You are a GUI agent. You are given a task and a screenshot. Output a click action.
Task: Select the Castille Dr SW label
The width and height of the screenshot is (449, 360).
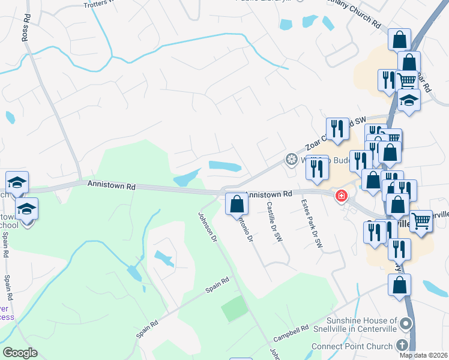coord(273,221)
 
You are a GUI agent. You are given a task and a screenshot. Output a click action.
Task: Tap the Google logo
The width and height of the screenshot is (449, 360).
coord(20,353)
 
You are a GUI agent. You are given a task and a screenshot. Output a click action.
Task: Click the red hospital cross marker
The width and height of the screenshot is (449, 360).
coord(342,196)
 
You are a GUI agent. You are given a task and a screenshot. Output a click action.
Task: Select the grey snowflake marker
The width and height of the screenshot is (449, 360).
coord(291,159)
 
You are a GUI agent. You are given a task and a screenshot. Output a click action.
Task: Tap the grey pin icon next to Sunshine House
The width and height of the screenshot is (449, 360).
coord(406,325)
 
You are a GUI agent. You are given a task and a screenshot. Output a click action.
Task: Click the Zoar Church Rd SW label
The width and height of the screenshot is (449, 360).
coord(333,134)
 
